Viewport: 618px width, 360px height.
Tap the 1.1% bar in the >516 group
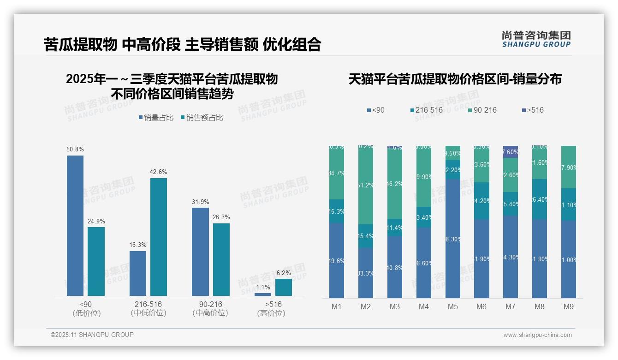[x=263, y=294]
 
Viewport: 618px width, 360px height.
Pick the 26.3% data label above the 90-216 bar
[x=221, y=217]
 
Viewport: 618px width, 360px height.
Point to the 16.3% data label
[x=138, y=245]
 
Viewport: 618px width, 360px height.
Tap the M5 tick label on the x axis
[x=452, y=306]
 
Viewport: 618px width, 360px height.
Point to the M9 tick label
[x=569, y=306]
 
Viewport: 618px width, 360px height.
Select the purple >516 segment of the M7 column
[x=511, y=152]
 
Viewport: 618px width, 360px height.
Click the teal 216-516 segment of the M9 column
[x=569, y=204]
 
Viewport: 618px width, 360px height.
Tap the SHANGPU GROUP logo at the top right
[x=536, y=39]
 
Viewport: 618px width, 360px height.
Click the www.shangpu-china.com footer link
[x=537, y=335]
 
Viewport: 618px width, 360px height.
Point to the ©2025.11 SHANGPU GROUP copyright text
[x=92, y=335]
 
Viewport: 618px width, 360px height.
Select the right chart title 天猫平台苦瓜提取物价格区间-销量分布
[x=455, y=79]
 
